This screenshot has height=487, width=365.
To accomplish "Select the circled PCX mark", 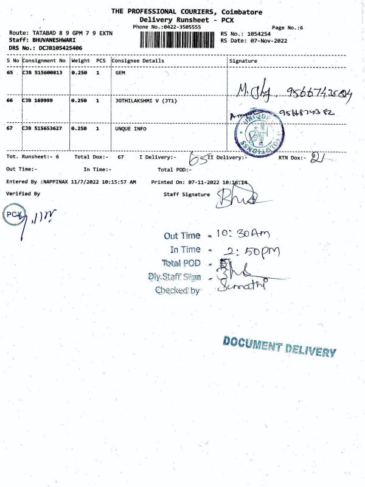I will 13,214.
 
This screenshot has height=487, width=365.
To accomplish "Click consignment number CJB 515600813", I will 43,72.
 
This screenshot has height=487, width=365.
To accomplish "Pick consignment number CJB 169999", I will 38,100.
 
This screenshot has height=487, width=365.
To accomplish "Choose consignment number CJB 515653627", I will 43,129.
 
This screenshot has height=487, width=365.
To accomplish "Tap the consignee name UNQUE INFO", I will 130,129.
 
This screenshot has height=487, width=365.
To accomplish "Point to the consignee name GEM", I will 120,72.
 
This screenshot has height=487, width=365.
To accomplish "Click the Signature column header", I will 243,61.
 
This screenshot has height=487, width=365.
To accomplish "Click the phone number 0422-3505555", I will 178,27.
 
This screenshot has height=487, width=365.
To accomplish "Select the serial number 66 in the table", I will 10,100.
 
